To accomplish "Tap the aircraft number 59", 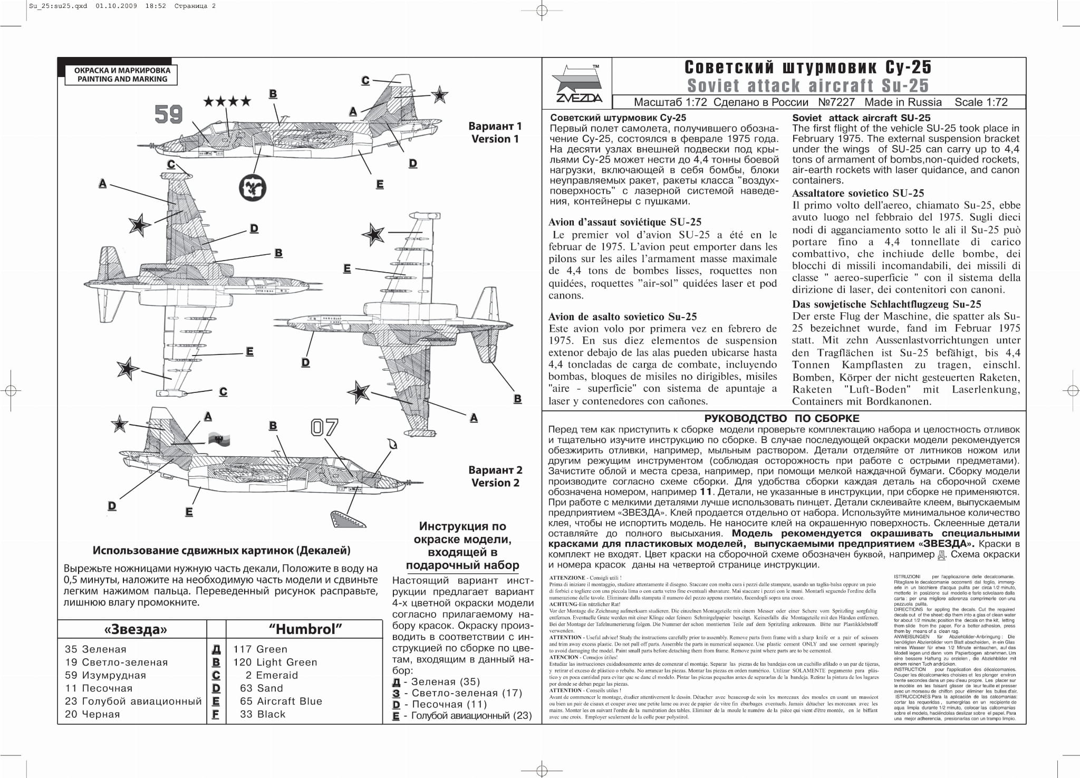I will pyautogui.click(x=169, y=114).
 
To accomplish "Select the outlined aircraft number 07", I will pyautogui.click(x=324, y=427).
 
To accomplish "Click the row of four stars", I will pyautogui.click(x=227, y=101).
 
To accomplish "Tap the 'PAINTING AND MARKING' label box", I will pyautogui.click(x=122, y=75).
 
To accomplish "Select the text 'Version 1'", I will pyautogui.click(x=495, y=139).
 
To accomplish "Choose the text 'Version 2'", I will pyautogui.click(x=495, y=483).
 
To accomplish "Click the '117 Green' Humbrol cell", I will pyautogui.click(x=261, y=649).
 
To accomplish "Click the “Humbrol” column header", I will pyautogui.click(x=305, y=629).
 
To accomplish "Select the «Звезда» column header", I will pyautogui.click(x=136, y=629).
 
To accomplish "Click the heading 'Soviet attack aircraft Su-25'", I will pyautogui.click(x=808, y=85).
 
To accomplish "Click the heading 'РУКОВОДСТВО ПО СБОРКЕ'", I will pyautogui.click(x=782, y=418).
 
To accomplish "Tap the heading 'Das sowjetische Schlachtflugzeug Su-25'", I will pyautogui.click(x=886, y=304).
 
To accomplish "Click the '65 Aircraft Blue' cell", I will pyautogui.click(x=281, y=701).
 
